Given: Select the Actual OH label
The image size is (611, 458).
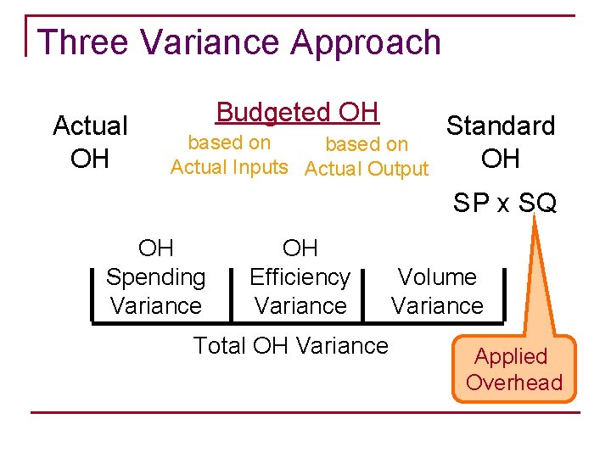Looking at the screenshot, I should click(x=90, y=142).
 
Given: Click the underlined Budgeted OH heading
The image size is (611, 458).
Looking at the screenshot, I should click(x=298, y=112).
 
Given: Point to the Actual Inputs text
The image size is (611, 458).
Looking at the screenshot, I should click(x=229, y=167).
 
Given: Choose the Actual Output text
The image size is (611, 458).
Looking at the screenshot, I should click(x=367, y=169).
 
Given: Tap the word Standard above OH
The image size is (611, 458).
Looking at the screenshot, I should click(x=500, y=126).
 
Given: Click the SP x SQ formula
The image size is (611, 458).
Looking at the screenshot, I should click(x=504, y=204).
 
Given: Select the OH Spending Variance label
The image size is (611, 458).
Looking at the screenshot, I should click(x=155, y=276).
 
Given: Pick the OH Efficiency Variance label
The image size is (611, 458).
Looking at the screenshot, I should click(x=300, y=276).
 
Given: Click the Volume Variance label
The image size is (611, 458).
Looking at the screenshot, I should click(x=437, y=291).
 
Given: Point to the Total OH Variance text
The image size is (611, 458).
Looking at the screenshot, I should click(x=291, y=345).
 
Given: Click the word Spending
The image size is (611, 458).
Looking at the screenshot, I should click(x=155, y=276).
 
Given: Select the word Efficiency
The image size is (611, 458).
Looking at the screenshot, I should click(x=300, y=276).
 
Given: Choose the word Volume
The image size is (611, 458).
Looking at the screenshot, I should click(x=437, y=276).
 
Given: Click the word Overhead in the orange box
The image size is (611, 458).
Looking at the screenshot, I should click(x=514, y=383).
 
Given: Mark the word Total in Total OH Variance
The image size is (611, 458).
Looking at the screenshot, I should click(x=220, y=345).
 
